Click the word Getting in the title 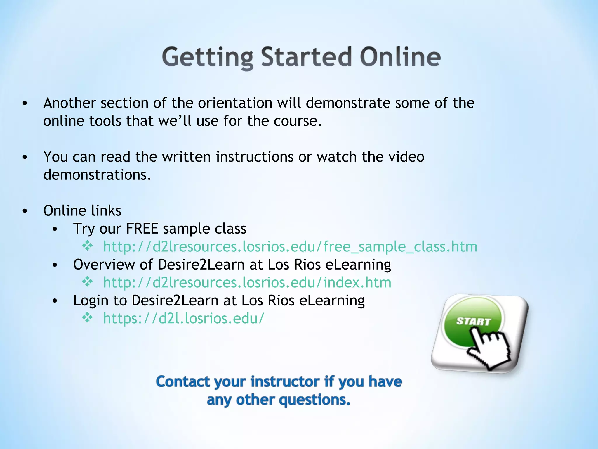(x=208, y=57)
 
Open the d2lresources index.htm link (x=247, y=282)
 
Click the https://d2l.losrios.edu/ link (x=184, y=318)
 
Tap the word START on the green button (x=473, y=321)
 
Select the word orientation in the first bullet (x=235, y=103)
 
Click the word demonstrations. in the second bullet (x=97, y=175)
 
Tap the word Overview (x=104, y=265)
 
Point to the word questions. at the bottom (x=314, y=400)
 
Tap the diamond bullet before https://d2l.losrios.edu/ (x=87, y=317)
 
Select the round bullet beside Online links (x=25, y=211)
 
